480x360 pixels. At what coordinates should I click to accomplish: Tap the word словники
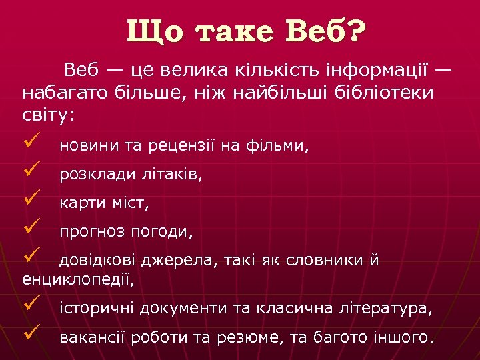323,261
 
